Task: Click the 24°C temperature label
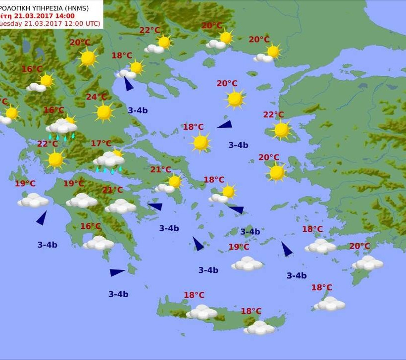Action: click(x=97, y=97)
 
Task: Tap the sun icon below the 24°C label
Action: click(x=104, y=112)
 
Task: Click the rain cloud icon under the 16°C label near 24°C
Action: click(x=61, y=127)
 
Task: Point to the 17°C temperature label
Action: click(x=101, y=144)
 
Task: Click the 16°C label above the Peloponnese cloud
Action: click(x=91, y=226)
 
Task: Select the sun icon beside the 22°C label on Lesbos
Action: click(x=281, y=130)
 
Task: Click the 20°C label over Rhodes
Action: click(x=359, y=246)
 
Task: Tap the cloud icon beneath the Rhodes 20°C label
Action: click(x=367, y=263)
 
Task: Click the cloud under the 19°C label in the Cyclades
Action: click(x=247, y=264)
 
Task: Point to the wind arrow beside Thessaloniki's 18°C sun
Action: click(x=128, y=84)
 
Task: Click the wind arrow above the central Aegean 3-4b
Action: click(x=224, y=125)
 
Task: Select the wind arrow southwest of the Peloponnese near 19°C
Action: click(x=42, y=218)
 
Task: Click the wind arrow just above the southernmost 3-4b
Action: click(x=117, y=272)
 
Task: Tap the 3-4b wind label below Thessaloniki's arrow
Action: click(x=138, y=110)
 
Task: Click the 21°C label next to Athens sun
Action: click(x=161, y=170)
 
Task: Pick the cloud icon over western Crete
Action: click(x=202, y=312)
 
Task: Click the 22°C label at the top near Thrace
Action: click(x=150, y=30)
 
